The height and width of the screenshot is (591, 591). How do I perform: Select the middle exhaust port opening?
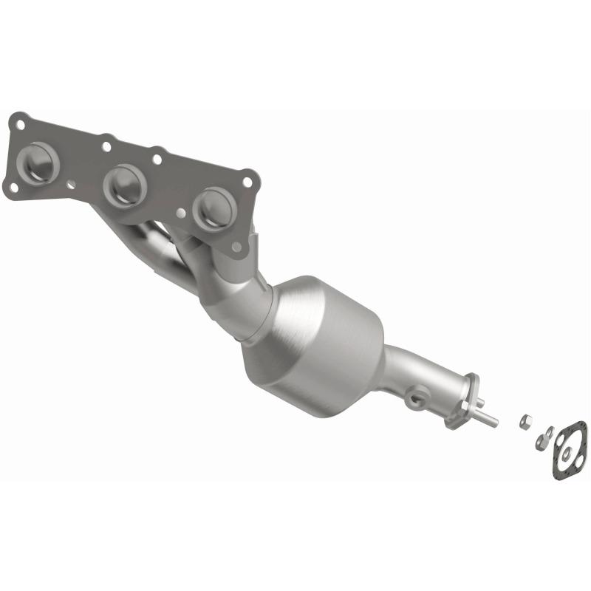[x=124, y=185]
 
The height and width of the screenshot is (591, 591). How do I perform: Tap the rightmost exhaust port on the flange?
[x=214, y=208]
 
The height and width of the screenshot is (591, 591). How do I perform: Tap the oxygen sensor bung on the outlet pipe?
[x=417, y=399]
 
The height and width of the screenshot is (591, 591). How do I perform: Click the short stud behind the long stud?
[x=479, y=403]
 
